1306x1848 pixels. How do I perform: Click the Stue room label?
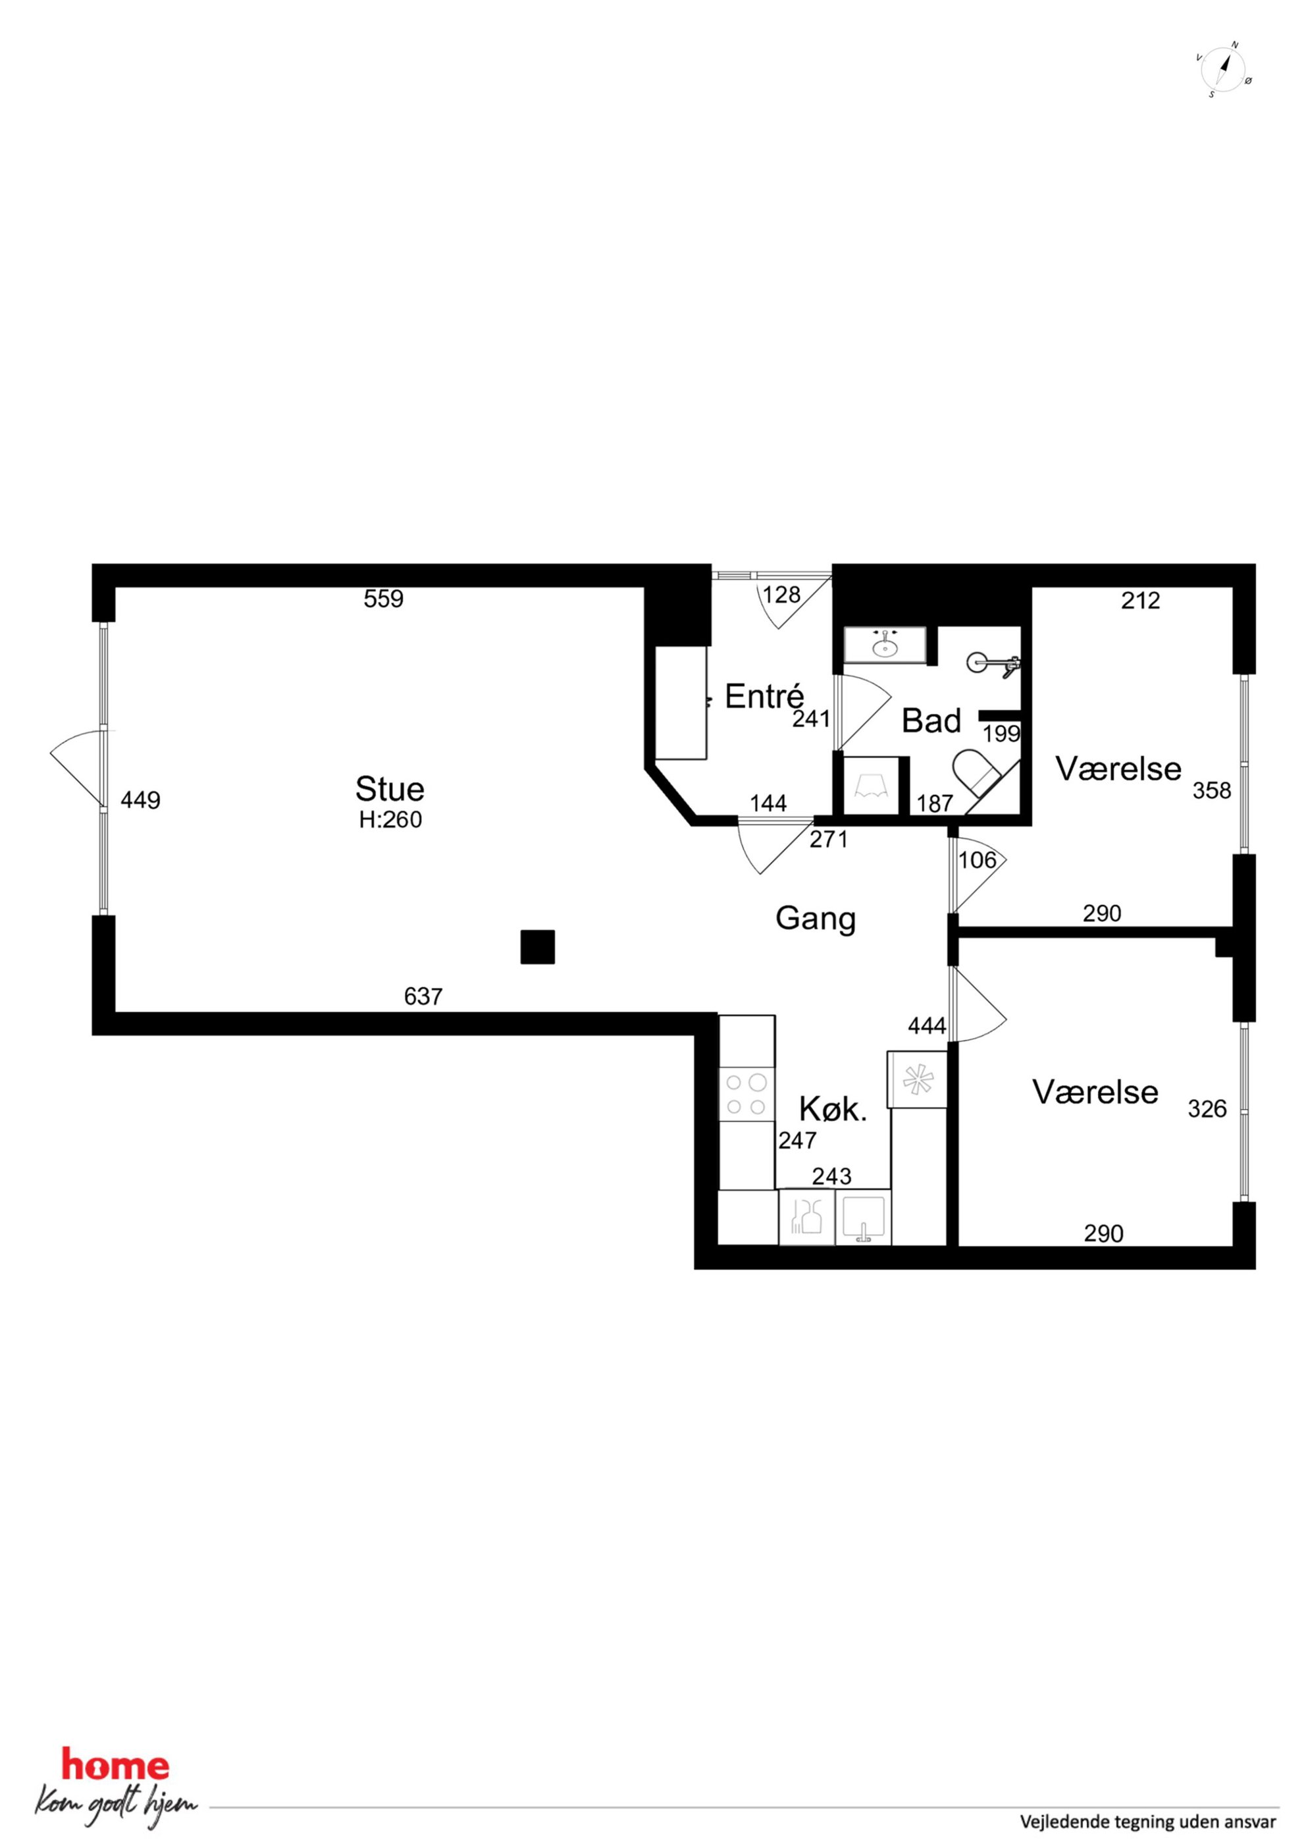390,789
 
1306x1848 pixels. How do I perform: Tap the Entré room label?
764,696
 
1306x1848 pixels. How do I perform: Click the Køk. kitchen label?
833,1110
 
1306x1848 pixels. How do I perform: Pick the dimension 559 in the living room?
384,599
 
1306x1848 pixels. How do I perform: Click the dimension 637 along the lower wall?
423,997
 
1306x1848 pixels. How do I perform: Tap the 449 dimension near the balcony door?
141,800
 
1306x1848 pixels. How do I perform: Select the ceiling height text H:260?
390,819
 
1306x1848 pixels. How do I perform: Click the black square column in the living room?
538,946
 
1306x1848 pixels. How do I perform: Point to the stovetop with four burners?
746,1095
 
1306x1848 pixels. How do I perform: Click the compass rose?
1224,70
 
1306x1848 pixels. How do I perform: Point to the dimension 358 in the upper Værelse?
1212,791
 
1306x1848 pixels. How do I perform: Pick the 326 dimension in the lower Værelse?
1207,1109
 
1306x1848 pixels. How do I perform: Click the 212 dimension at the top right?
1141,601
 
